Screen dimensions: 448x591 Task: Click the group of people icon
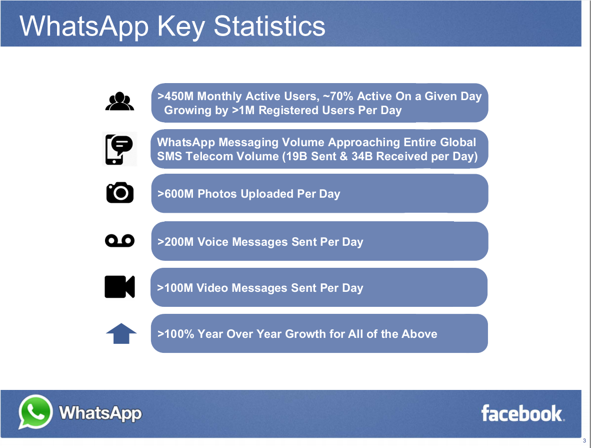119,102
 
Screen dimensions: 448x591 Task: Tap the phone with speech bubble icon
119,149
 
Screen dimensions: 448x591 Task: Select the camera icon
120,193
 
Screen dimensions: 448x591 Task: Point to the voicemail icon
119,241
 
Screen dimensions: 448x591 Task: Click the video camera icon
119,287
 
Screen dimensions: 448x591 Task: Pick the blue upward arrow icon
121,333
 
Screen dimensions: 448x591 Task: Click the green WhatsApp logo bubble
35,412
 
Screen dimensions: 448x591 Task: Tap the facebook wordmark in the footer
522,413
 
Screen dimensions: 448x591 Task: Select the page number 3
584,441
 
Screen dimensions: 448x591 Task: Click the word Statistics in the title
269,26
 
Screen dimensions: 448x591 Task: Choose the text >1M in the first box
243,111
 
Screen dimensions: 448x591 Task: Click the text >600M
175,194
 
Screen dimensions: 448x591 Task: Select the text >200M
175,242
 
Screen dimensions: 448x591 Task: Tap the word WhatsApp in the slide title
84,26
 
